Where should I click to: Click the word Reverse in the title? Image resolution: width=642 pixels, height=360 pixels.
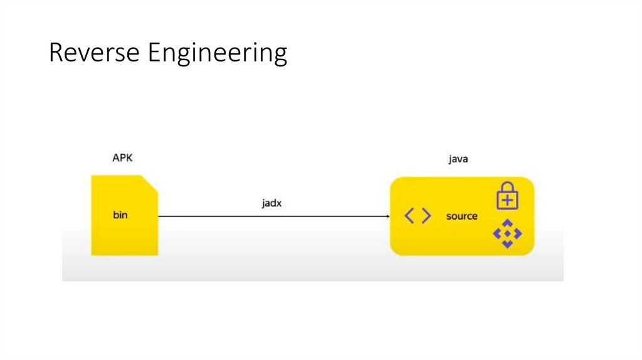[x=94, y=53]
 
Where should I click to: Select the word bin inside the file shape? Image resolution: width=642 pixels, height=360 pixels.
[x=120, y=216]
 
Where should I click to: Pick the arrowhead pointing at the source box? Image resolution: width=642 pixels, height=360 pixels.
[x=386, y=216]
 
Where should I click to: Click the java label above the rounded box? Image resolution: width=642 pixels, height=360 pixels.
[x=458, y=159]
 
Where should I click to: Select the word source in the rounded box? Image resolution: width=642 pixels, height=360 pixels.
[x=461, y=216]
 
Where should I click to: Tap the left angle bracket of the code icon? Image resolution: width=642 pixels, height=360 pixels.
[x=409, y=216]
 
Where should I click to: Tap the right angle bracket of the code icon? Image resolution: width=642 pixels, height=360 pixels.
[x=426, y=216]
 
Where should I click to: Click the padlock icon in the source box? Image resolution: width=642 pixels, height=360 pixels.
[x=507, y=196]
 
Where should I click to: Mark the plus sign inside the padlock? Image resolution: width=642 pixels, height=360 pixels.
[x=507, y=200]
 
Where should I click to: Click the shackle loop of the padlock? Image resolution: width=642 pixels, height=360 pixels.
[x=507, y=187]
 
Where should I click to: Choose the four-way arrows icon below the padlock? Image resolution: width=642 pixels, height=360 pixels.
[x=507, y=234]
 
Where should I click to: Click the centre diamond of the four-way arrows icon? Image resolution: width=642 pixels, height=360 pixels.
[x=507, y=234]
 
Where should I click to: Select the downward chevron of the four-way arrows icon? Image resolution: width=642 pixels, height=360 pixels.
[x=507, y=243]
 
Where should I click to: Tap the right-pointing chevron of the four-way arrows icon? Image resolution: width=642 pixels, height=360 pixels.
[x=517, y=234]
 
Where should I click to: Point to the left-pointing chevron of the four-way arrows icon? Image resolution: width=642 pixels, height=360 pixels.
[x=497, y=234]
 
